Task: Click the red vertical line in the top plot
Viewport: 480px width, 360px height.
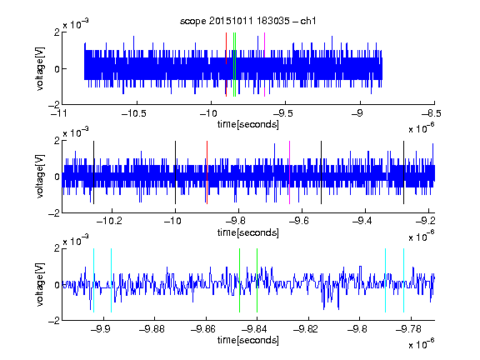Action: pyautogui.click(x=226, y=65)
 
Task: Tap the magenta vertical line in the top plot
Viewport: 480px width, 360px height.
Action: pyautogui.click(x=264, y=65)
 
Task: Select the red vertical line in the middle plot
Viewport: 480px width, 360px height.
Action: pyautogui.click(x=207, y=172)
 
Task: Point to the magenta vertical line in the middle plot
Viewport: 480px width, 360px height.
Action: pyautogui.click(x=290, y=172)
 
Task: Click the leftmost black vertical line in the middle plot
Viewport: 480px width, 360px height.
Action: pyautogui.click(x=93, y=172)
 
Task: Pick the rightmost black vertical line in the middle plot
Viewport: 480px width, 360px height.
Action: pyautogui.click(x=404, y=172)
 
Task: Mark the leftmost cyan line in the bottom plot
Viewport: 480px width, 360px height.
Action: pyautogui.click(x=93, y=280)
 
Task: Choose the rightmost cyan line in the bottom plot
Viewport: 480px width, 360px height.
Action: pyautogui.click(x=404, y=280)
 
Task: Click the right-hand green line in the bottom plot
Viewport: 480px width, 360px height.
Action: pyautogui.click(x=257, y=280)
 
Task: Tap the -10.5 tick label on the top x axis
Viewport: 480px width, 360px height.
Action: pyautogui.click(x=134, y=114)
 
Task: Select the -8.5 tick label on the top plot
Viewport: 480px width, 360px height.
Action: pyautogui.click(x=432, y=114)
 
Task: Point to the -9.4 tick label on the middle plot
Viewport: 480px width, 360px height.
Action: pyautogui.click(x=362, y=221)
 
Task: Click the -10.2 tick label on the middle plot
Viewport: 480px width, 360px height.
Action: pyautogui.click(x=109, y=221)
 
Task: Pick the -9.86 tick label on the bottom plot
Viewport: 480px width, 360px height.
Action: pyautogui.click(x=203, y=329)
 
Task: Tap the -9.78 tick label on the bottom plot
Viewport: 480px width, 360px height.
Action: pyautogui.click(x=408, y=329)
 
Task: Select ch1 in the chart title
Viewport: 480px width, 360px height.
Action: pyautogui.click(x=308, y=21)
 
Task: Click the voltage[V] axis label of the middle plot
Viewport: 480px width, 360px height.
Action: pyautogui.click(x=40, y=177)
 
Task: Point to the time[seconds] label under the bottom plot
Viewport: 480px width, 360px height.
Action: pyautogui.click(x=248, y=340)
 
